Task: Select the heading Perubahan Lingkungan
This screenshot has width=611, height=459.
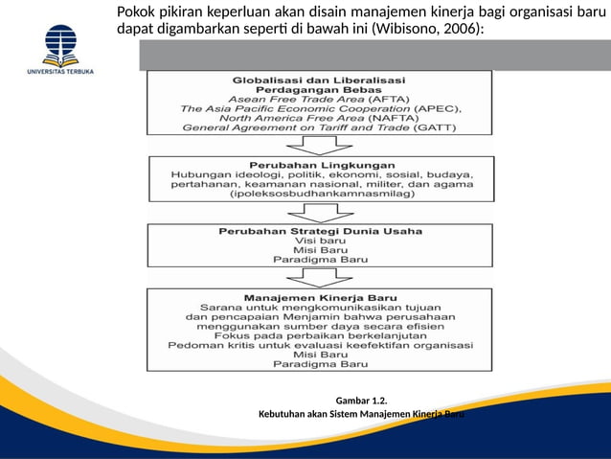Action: click(319, 164)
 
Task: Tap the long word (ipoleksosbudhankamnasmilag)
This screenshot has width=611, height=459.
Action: click(319, 195)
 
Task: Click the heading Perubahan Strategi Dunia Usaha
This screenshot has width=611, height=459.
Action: click(319, 231)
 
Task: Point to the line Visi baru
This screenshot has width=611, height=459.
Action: click(319, 241)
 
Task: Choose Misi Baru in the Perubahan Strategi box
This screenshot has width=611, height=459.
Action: click(319, 250)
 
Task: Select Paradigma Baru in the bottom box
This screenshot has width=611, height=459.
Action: click(319, 365)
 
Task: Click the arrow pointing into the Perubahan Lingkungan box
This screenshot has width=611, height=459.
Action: click(319, 145)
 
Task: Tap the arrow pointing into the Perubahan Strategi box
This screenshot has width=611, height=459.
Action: click(319, 212)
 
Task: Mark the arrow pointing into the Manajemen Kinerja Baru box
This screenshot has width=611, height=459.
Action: click(319, 277)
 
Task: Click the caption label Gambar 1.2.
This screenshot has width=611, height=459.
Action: click(363, 400)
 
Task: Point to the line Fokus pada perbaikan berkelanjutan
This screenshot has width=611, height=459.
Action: click(319, 335)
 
